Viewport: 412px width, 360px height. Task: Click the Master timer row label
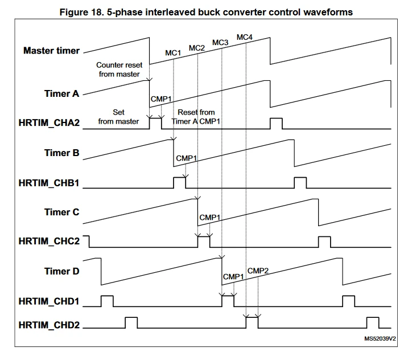click(x=51, y=51)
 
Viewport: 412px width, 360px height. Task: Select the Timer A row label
click(x=61, y=93)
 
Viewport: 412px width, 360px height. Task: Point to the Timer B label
click(x=61, y=153)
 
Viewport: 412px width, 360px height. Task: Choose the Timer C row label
click(x=61, y=212)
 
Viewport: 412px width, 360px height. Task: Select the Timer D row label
click(x=61, y=271)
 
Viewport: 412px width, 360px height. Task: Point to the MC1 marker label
click(x=173, y=53)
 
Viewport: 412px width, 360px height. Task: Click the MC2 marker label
click(x=196, y=48)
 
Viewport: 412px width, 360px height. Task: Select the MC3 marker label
click(x=220, y=43)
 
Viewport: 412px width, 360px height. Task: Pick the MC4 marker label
click(x=244, y=38)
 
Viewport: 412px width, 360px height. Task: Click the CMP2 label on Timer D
click(x=258, y=270)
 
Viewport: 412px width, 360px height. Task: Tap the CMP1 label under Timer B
click(x=186, y=158)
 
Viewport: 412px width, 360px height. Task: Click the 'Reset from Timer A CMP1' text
click(x=196, y=117)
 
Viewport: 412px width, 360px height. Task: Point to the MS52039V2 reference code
click(x=380, y=338)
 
